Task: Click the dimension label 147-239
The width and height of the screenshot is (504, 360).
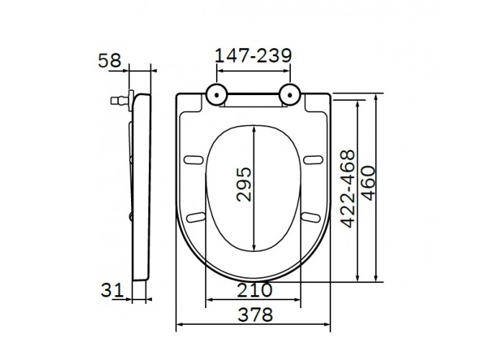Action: click(253, 55)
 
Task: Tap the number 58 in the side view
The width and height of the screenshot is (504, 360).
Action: click(110, 60)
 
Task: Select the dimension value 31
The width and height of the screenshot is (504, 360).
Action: click(112, 290)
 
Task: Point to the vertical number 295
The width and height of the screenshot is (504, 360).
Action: click(244, 184)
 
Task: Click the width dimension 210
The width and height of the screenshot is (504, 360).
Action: click(255, 290)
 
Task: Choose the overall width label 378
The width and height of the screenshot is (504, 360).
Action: click(255, 315)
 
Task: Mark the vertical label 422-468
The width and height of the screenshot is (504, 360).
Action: click(348, 189)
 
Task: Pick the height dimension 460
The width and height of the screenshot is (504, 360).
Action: click(368, 183)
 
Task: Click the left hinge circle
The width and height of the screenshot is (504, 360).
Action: click(217, 95)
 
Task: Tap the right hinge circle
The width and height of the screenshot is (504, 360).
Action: click(290, 95)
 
